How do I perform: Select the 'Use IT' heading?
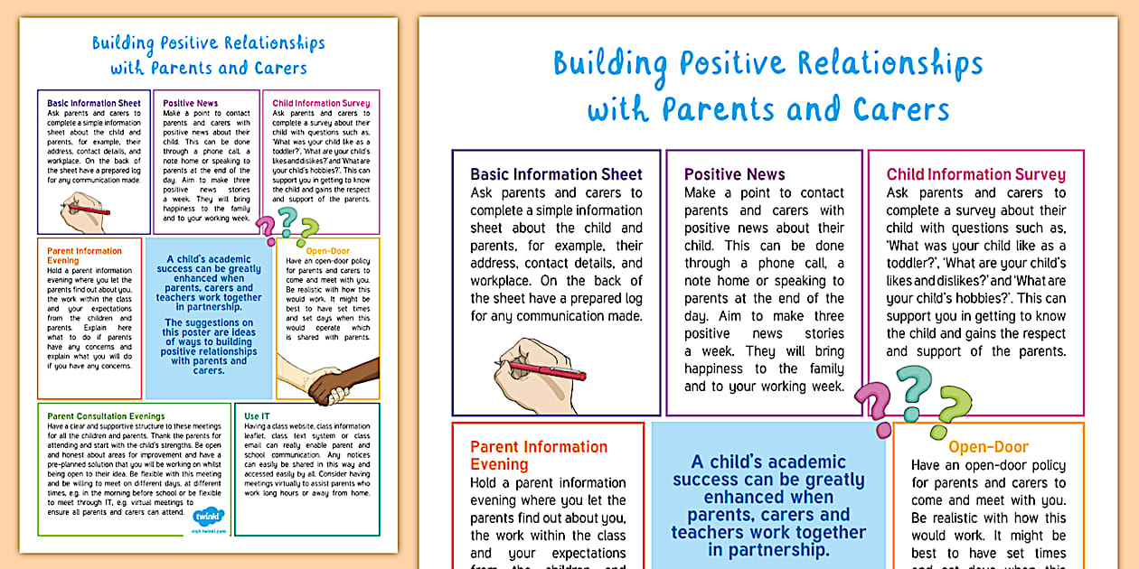(x=257, y=416)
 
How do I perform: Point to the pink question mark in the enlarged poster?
(x=873, y=404)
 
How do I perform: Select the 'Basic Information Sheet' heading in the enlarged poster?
(x=556, y=174)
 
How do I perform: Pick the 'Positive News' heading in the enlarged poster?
(x=734, y=174)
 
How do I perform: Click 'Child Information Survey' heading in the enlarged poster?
(x=975, y=174)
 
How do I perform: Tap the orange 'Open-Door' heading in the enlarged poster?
(x=988, y=447)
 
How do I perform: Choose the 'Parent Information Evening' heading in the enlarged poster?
(x=539, y=455)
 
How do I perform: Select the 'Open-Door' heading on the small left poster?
(x=327, y=251)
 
